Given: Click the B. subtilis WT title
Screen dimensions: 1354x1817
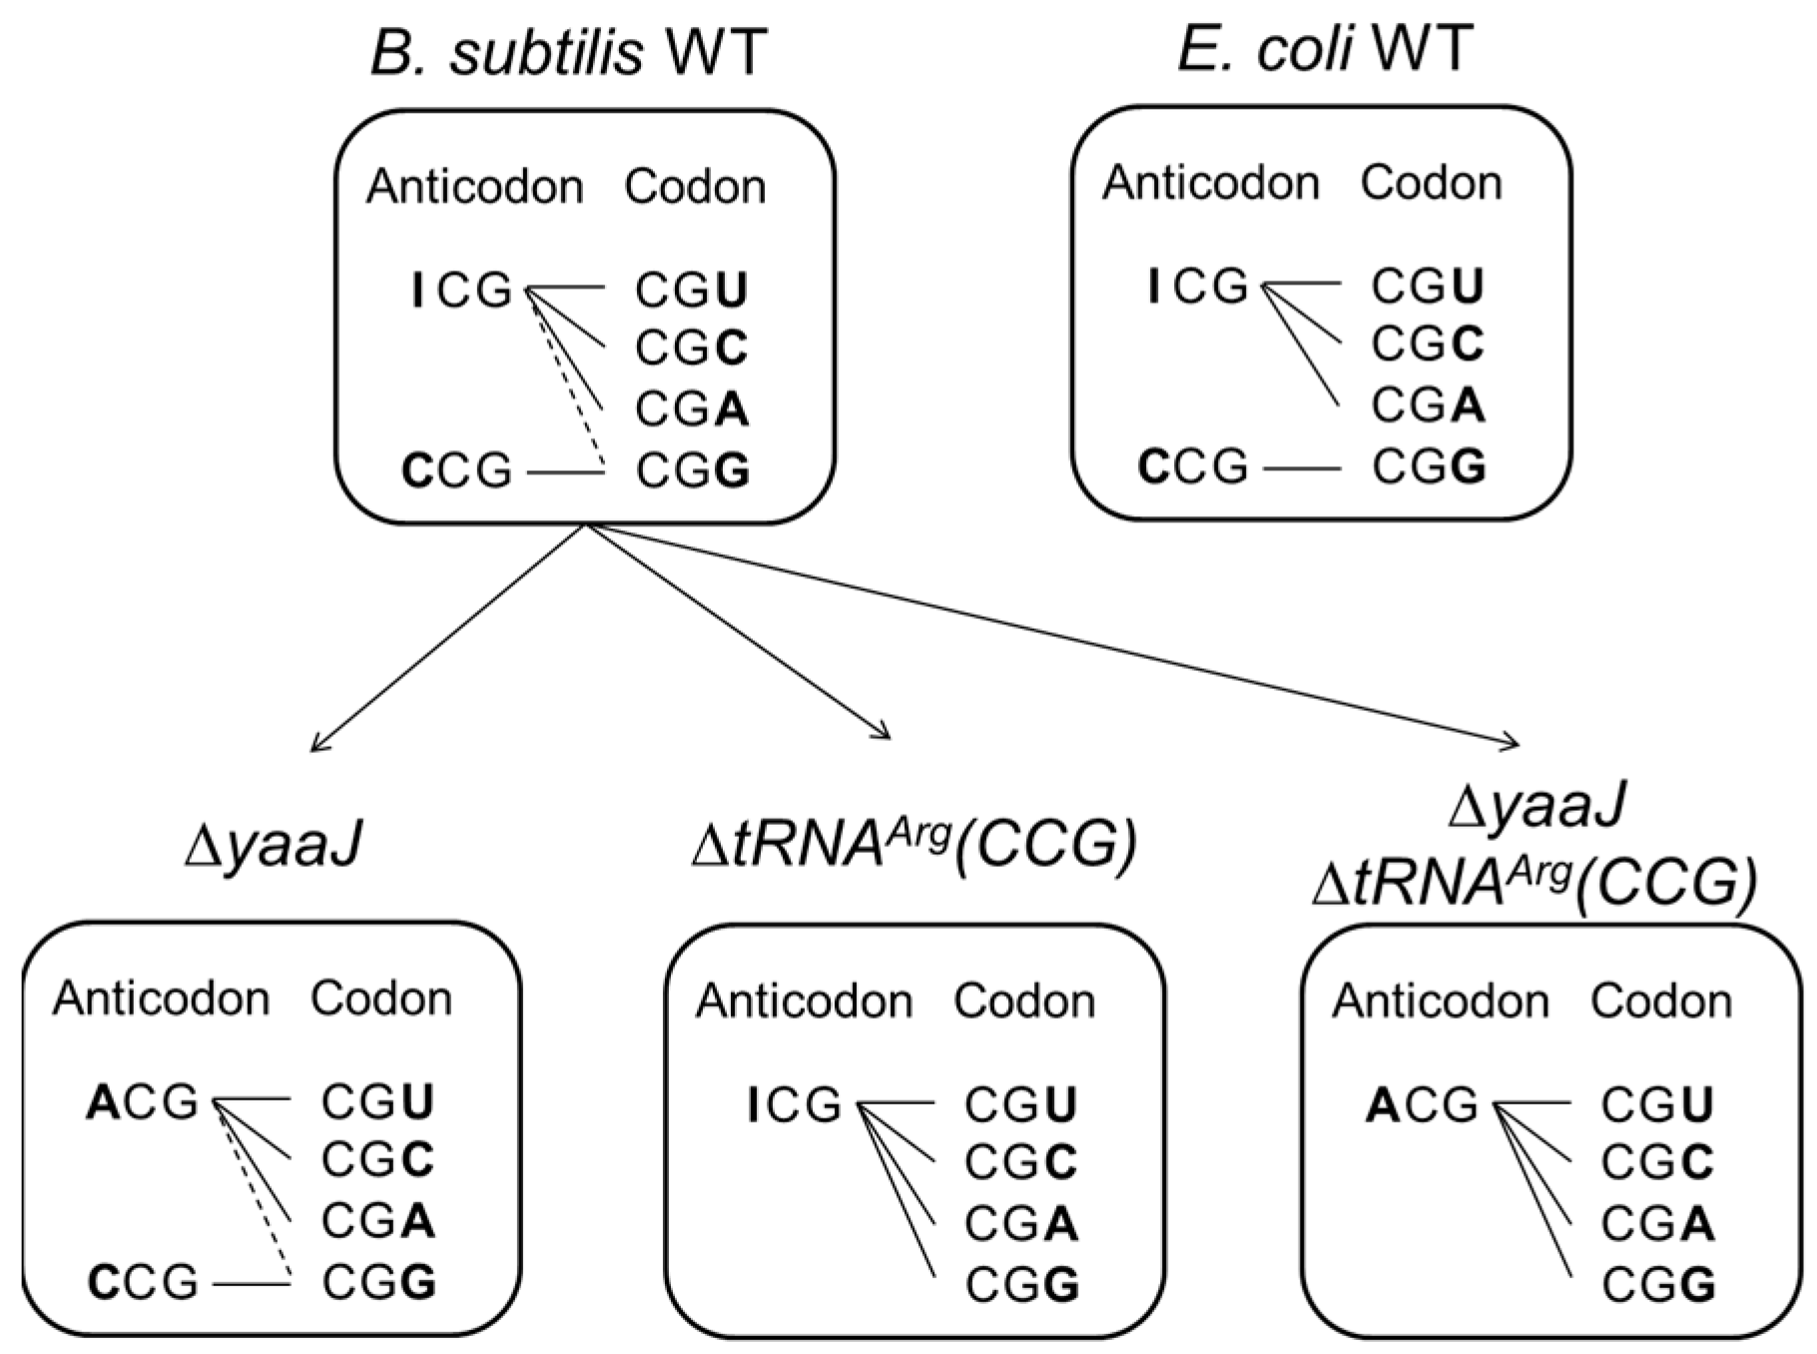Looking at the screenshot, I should pos(568,52).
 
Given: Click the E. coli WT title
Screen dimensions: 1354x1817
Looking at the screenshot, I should pos(1325,48).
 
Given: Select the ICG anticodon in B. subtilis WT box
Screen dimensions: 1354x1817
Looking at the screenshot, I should pos(461,290).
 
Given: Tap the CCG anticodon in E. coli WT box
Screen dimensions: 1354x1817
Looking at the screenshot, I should pos(1193,466).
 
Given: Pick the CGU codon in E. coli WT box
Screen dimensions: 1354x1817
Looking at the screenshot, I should pos(1428,286).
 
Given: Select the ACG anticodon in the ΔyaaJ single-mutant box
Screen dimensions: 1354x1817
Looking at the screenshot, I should pos(143,1102).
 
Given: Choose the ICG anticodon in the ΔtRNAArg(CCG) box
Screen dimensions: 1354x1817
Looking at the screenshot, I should pos(795,1105).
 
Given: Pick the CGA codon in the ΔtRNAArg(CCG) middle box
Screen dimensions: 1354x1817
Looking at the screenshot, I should pos(1021,1224).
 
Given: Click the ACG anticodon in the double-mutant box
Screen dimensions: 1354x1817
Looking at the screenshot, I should pos(1421,1105).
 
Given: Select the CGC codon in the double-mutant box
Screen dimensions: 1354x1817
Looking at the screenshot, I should pos(1657,1162).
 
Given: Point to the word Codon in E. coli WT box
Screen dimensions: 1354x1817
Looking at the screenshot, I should pos(1431,183).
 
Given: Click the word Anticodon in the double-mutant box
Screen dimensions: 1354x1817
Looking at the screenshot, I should pos(1440,1001).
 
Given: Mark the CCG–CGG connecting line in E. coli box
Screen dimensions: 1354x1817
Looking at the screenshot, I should pos(1302,467).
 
